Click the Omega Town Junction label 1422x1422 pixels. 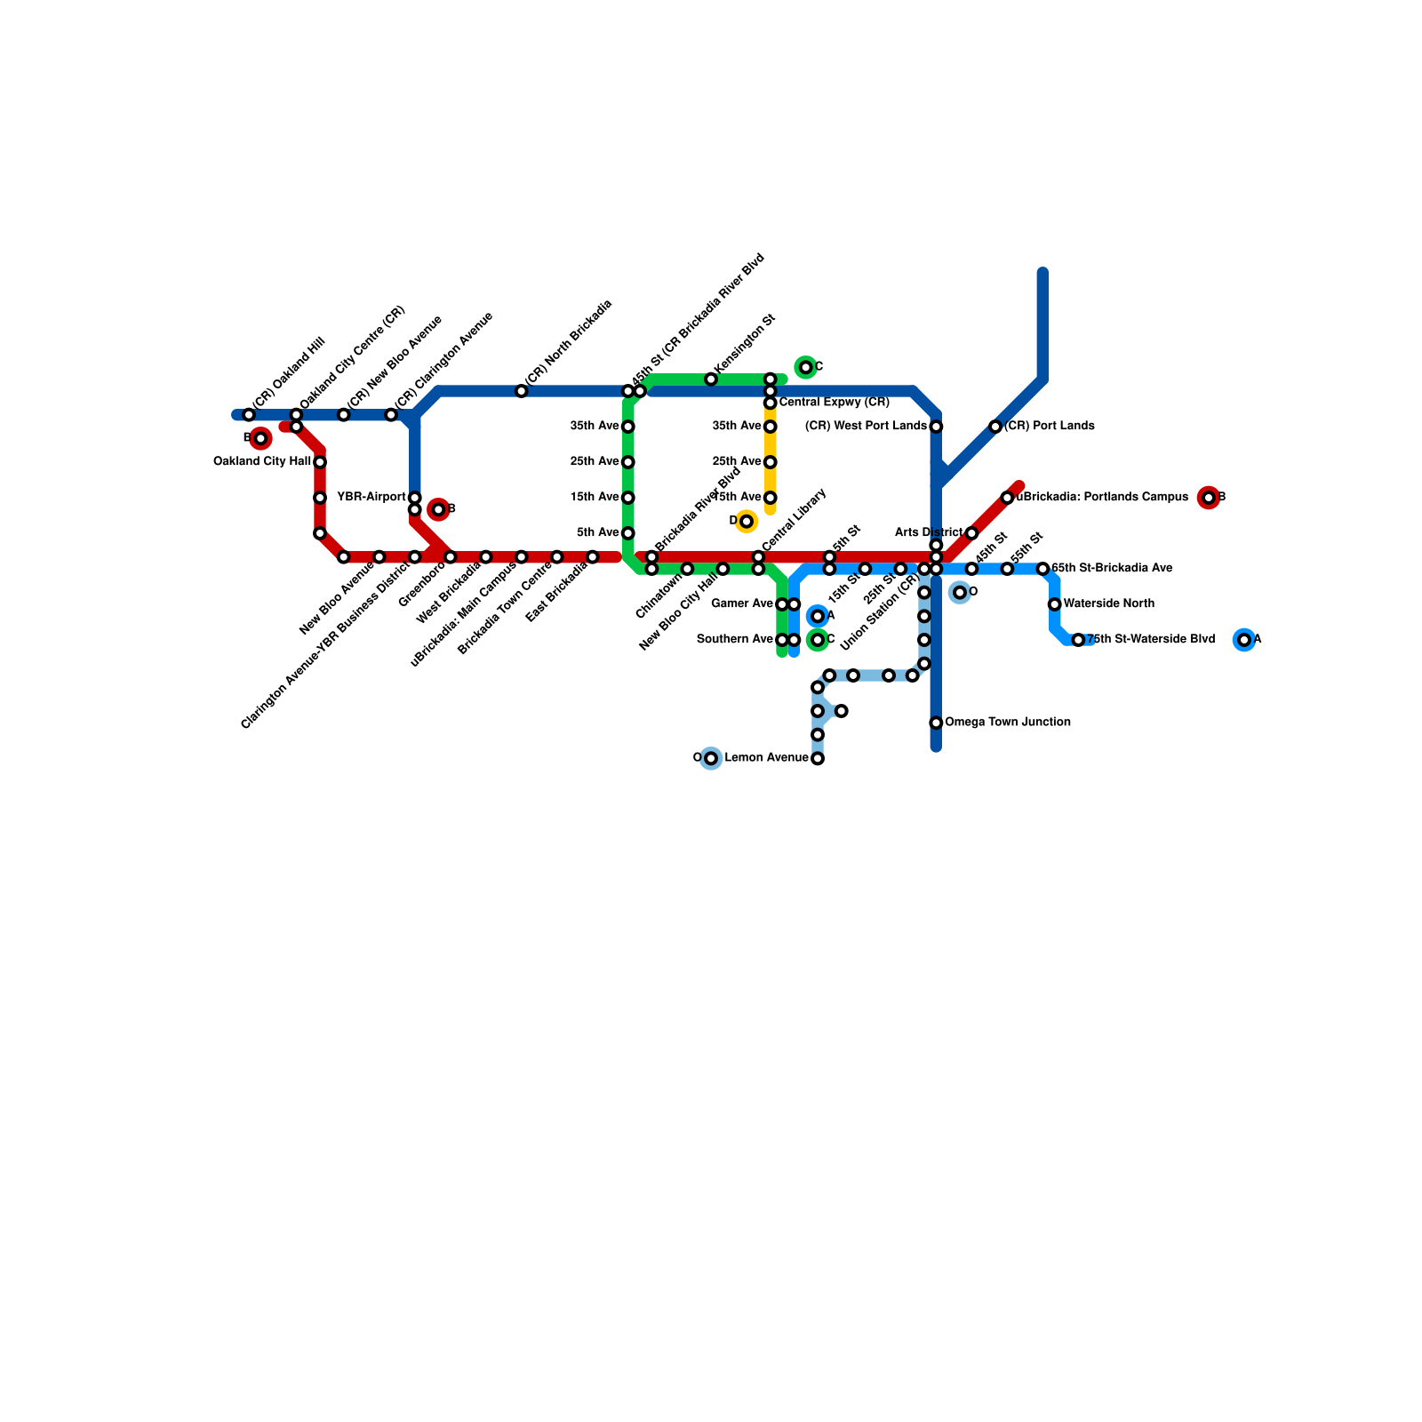click(x=1007, y=723)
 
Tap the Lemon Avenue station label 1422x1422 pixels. click(x=766, y=758)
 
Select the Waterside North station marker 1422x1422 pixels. click(x=1054, y=604)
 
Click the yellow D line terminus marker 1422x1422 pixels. click(x=747, y=521)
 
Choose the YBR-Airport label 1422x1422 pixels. click(x=371, y=497)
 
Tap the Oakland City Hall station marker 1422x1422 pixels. click(x=320, y=462)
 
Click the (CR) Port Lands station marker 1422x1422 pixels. click(x=995, y=427)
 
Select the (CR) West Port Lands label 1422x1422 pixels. click(x=866, y=427)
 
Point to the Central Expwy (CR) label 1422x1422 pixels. click(x=834, y=403)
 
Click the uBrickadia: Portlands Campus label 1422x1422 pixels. click(x=1102, y=498)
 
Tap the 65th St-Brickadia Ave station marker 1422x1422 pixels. click(x=1043, y=569)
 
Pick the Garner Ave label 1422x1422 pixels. click(x=742, y=604)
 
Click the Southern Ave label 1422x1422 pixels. click(x=735, y=640)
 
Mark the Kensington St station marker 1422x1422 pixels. click(x=711, y=379)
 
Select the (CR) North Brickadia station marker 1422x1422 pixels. click(x=522, y=391)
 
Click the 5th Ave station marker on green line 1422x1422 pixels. click(x=628, y=533)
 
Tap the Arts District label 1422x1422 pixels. click(x=928, y=533)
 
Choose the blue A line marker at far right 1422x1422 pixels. click(x=1244, y=640)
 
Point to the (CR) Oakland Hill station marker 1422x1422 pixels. click(x=249, y=415)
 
